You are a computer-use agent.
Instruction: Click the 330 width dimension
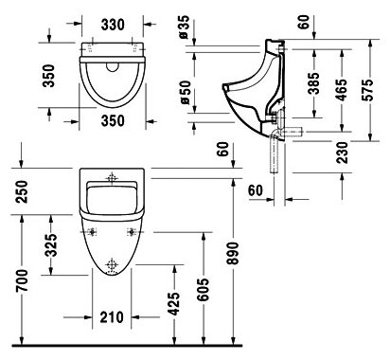click(x=113, y=25)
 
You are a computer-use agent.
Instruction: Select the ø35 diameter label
click(x=184, y=27)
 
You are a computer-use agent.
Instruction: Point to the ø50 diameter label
click(x=185, y=92)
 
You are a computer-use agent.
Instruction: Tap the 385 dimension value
click(x=313, y=83)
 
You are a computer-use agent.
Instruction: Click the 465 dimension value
click(x=341, y=90)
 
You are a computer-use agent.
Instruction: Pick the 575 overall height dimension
click(x=367, y=90)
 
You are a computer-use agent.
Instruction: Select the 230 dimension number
click(x=342, y=153)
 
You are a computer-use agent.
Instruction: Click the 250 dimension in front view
click(x=22, y=191)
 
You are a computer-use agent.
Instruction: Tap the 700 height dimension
click(x=22, y=280)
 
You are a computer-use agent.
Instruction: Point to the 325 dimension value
click(x=51, y=245)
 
